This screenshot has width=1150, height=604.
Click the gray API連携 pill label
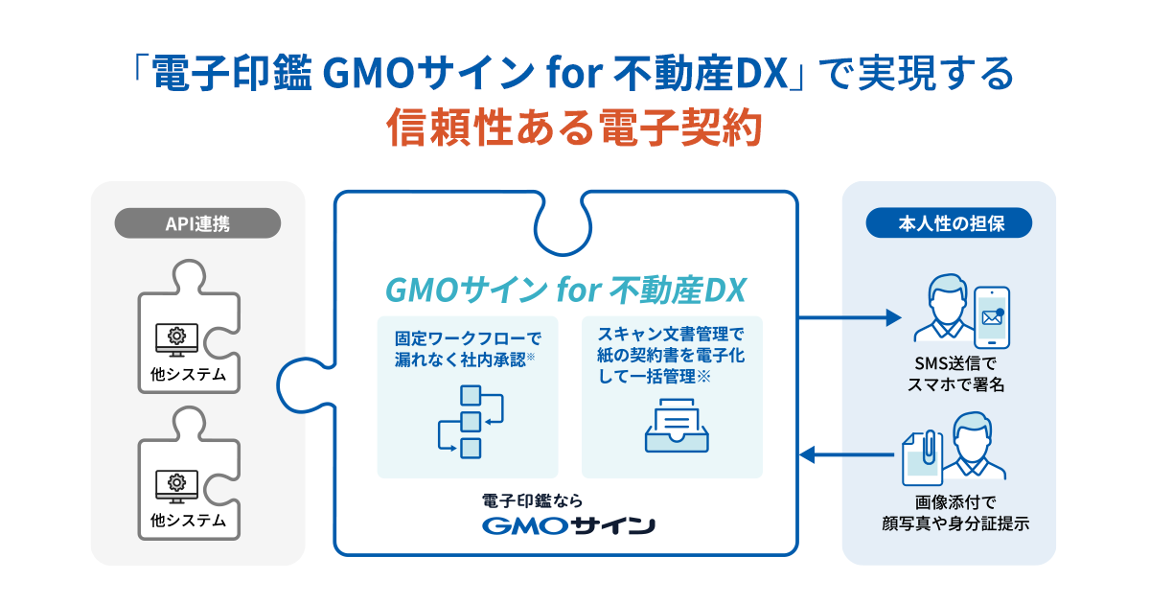tap(197, 222)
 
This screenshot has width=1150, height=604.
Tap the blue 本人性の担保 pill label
tap(949, 222)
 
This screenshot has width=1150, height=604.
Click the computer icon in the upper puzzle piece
tap(176, 339)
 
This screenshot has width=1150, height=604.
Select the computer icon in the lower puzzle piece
tap(176, 486)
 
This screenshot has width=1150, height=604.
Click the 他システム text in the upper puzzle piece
tap(188, 374)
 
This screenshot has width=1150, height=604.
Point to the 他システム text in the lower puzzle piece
tap(188, 521)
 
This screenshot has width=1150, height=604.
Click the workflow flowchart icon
tap(471, 422)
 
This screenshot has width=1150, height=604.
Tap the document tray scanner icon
tap(677, 426)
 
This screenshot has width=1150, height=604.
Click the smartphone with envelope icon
tap(992, 317)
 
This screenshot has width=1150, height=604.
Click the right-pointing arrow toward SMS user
tap(850, 317)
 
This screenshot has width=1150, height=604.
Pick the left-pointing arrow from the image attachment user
tap(847, 454)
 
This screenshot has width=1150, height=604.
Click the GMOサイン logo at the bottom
tap(568, 525)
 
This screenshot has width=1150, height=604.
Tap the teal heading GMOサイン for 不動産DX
tap(565, 290)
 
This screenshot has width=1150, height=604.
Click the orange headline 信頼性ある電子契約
tap(574, 128)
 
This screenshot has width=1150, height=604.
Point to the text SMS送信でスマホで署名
tap(955, 374)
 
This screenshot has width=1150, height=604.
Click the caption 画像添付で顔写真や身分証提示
tap(955, 513)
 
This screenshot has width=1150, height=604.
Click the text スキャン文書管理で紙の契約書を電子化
tap(671, 344)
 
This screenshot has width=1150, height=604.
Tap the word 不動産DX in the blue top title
tap(701, 74)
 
